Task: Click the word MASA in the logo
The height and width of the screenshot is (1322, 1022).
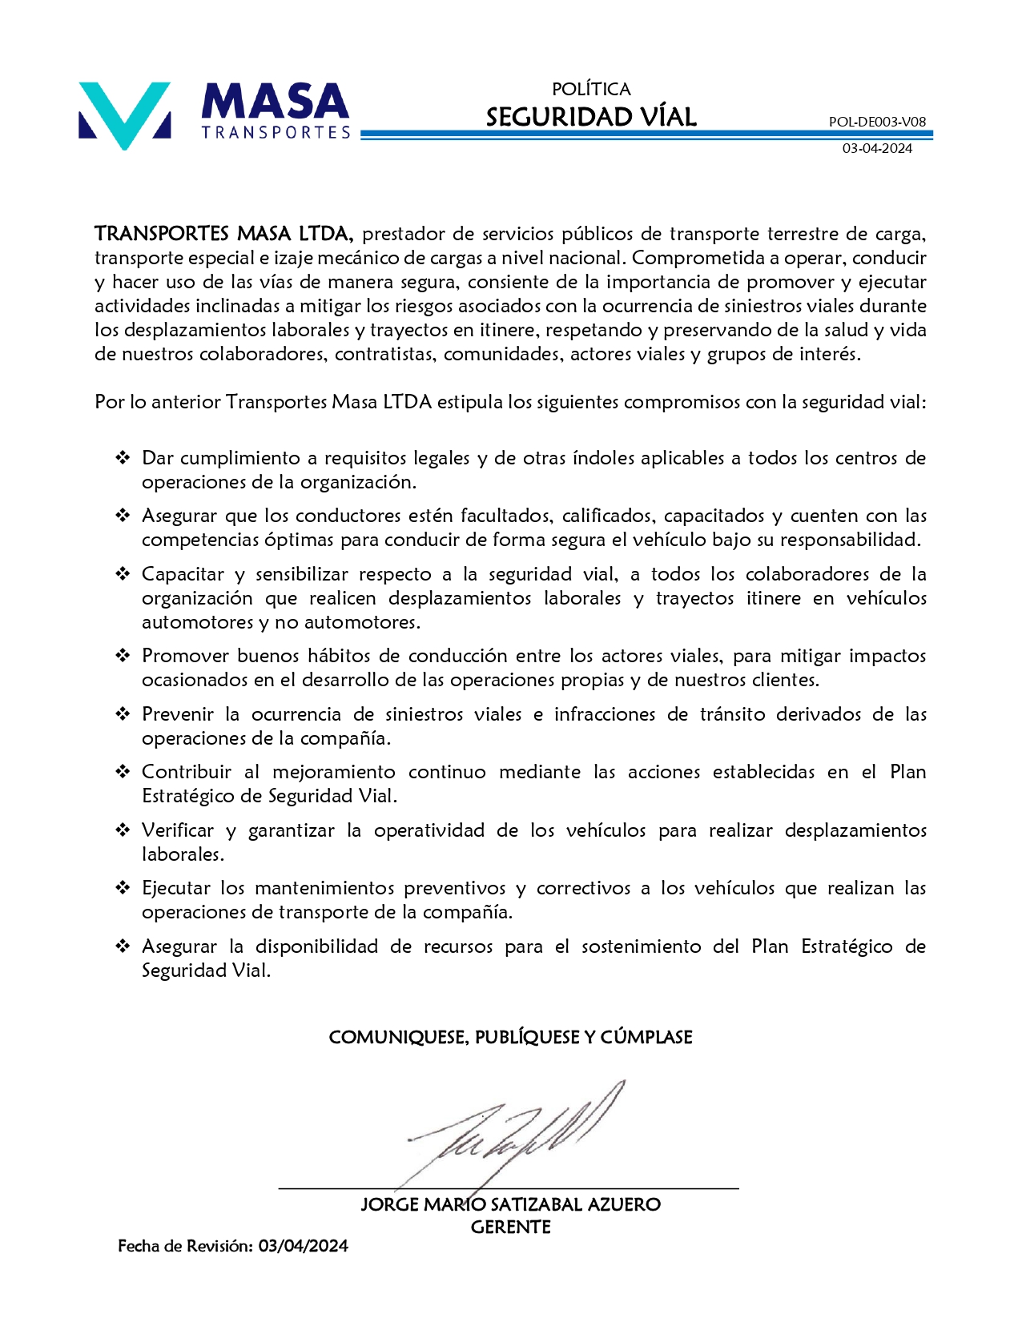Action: tap(275, 102)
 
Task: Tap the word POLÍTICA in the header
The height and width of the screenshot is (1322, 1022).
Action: tap(591, 89)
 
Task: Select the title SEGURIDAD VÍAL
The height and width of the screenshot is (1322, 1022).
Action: tap(591, 117)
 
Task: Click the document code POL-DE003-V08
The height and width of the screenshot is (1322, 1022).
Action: tap(877, 122)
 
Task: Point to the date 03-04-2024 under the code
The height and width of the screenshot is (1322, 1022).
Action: tap(877, 148)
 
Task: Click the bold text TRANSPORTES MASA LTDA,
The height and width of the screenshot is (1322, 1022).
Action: tap(223, 234)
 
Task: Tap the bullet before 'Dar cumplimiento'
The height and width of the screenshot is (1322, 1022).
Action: tap(123, 458)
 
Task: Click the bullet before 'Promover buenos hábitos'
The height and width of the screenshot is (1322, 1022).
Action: tap(123, 656)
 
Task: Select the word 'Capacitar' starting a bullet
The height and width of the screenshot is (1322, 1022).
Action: tap(183, 574)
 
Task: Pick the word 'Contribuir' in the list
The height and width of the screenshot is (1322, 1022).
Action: tap(186, 772)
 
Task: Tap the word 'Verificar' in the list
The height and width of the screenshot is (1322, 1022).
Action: tap(178, 830)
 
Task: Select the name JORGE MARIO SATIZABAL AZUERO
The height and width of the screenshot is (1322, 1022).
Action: tap(510, 1204)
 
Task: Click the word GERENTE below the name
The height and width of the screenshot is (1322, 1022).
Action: tap(510, 1227)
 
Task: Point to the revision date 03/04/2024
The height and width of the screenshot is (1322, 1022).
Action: tap(303, 1246)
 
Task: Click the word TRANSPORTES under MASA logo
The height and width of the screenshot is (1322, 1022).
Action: tap(276, 132)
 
